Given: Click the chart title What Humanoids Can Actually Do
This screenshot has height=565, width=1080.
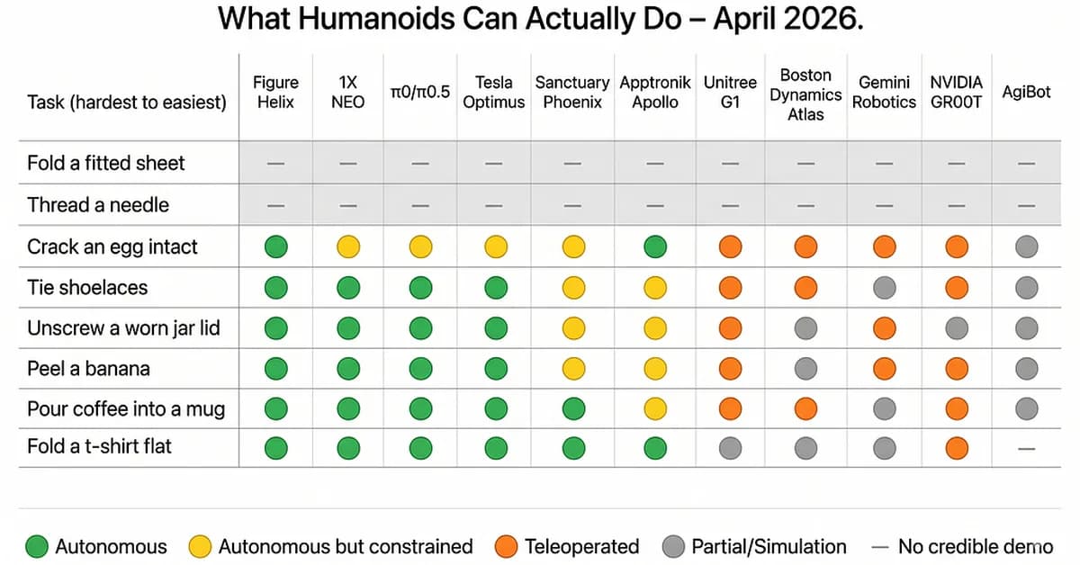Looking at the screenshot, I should pos(540,19).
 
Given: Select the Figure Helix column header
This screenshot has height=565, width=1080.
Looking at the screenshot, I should pos(275,93).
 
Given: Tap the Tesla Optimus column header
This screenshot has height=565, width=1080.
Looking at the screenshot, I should pos(493,93).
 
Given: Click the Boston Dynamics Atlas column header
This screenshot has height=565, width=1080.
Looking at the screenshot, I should pos(805,94).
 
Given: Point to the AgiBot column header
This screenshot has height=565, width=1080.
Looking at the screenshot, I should pos(1026,93).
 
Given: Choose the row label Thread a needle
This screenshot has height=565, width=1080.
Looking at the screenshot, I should pos(98,205).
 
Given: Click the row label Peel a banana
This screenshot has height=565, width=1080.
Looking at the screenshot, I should pos(88,369).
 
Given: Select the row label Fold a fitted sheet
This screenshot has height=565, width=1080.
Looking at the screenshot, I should pos(105,164).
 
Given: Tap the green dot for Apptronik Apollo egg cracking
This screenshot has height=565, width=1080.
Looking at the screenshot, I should pos(655,247).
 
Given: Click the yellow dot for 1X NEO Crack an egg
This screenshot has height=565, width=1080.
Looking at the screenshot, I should pos(348,247).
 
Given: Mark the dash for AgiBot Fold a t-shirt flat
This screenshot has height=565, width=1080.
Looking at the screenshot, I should pos(1026,447).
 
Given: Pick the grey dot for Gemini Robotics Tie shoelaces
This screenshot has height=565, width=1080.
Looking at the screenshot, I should pos(884,288).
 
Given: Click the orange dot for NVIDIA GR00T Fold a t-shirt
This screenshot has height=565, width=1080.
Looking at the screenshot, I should pos(957,447).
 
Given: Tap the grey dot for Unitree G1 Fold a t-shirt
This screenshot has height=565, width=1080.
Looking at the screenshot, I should pos(730,447).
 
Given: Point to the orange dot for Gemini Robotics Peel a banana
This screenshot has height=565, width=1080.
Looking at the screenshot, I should pos(884,369).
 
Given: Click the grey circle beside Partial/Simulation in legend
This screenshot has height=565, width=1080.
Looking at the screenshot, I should pos(674,546).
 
